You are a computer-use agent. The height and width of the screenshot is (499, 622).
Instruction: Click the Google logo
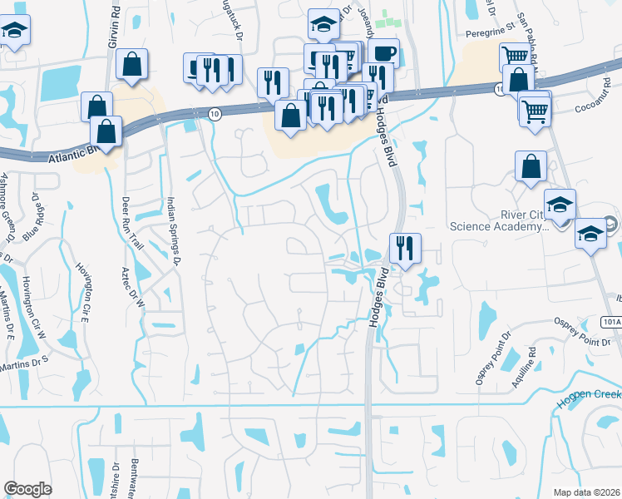pyautogui.click(x=27, y=489)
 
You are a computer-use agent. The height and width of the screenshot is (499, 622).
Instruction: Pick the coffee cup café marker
pyautogui.click(x=383, y=54)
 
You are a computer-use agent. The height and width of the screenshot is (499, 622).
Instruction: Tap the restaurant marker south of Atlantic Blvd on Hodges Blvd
pyautogui.click(x=405, y=248)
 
